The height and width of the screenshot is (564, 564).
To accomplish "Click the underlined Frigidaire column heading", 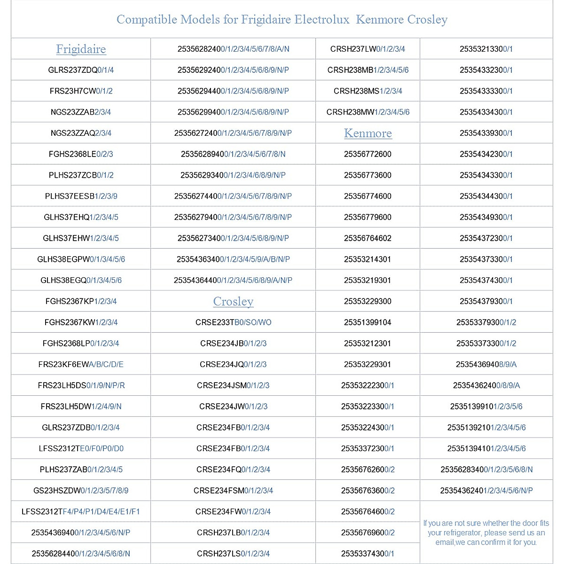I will pyautogui.click(x=81, y=49).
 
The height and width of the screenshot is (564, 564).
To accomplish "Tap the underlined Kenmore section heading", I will pyautogui.click(x=368, y=133).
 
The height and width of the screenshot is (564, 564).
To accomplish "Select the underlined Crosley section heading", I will pyautogui.click(x=233, y=301).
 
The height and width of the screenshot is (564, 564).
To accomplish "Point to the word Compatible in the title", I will pyautogui.click(x=146, y=19).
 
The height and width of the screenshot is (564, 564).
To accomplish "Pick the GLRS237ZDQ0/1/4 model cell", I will pyautogui.click(x=81, y=70).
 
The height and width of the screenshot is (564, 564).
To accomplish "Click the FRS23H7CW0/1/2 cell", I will pyautogui.click(x=81, y=91).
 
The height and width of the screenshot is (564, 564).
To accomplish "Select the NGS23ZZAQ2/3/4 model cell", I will pyautogui.click(x=81, y=133).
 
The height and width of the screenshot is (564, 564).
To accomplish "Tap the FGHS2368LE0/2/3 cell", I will pyautogui.click(x=81, y=154).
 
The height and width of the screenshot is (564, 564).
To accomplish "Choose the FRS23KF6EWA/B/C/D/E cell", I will pyautogui.click(x=81, y=364).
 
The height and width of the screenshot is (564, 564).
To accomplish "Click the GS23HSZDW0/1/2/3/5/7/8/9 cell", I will pyautogui.click(x=81, y=491).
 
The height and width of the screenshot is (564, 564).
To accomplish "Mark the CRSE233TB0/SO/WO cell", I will pyautogui.click(x=233, y=322).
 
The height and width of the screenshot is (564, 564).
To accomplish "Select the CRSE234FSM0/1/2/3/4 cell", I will pyautogui.click(x=233, y=491).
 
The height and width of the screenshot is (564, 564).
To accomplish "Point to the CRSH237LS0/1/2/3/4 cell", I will pyautogui.click(x=233, y=554).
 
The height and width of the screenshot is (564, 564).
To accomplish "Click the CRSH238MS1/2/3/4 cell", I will pyautogui.click(x=368, y=91).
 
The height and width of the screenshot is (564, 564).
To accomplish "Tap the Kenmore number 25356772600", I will pyautogui.click(x=368, y=154).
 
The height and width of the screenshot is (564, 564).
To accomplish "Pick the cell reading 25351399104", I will pyautogui.click(x=368, y=322).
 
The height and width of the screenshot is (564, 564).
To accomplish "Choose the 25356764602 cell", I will pyautogui.click(x=368, y=238).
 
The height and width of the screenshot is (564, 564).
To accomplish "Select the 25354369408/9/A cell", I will pyautogui.click(x=486, y=364).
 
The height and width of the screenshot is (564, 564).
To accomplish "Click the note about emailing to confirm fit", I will pyautogui.click(x=486, y=533).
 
